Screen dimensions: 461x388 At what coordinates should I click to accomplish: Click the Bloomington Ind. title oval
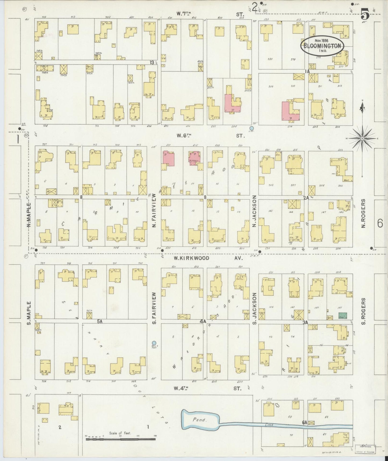(322, 46)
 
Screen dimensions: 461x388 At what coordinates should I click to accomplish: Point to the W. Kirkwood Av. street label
(208, 258)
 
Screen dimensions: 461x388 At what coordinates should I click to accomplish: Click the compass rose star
(362, 138)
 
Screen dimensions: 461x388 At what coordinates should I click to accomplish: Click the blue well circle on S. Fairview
(154, 343)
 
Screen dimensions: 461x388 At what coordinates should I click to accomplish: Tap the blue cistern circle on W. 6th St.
(252, 128)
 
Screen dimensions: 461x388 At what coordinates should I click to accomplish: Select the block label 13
(152, 63)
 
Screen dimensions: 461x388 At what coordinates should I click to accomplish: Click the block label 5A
(100, 321)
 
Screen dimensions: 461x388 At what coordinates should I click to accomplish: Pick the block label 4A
(203, 321)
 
